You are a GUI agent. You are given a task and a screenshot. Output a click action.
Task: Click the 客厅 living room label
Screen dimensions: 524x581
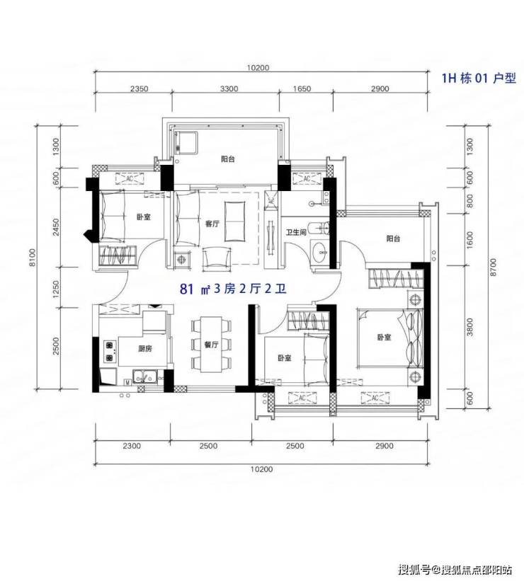click(x=212, y=224)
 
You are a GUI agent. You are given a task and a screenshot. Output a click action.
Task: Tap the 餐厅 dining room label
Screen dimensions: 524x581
click(x=212, y=345)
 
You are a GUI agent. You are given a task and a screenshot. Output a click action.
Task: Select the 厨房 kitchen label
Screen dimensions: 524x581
click(x=145, y=349)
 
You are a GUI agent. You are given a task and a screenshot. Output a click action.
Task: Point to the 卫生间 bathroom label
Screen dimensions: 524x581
click(x=296, y=232)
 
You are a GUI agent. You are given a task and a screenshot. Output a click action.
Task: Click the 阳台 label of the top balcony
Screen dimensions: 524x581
click(x=228, y=159)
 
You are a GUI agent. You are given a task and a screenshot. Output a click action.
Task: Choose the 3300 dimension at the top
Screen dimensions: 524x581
click(x=229, y=89)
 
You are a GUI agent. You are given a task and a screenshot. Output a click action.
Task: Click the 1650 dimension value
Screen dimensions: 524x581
click(x=302, y=89)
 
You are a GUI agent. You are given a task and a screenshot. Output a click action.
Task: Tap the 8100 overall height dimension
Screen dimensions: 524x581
click(x=33, y=257)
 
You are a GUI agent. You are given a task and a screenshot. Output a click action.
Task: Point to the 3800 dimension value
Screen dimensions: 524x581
click(x=470, y=327)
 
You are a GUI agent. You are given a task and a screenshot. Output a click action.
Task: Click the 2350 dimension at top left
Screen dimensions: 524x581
click(x=139, y=89)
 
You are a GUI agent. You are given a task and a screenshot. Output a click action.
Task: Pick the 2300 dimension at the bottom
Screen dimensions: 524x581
click(x=132, y=446)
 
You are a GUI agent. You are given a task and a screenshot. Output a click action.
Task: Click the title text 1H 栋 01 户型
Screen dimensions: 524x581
click(x=479, y=78)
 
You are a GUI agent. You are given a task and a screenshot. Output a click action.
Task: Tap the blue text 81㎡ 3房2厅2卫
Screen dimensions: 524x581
click(x=233, y=289)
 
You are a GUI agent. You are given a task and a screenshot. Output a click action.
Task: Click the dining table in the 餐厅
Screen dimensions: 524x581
click(x=212, y=344)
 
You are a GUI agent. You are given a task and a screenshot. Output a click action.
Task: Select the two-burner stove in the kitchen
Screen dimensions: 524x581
click(x=109, y=352)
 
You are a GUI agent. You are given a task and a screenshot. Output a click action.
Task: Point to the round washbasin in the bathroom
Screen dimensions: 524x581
click(x=320, y=253)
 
